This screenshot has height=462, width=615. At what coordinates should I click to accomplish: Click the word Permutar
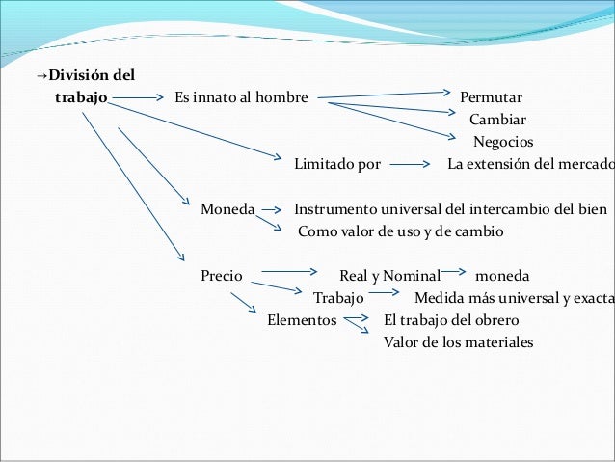491,98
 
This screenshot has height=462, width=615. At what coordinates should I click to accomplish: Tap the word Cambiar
497,121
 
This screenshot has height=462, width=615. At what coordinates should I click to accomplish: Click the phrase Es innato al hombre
241,98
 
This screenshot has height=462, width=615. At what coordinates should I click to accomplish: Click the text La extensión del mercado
530,163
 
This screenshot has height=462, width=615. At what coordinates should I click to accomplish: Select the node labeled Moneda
227,208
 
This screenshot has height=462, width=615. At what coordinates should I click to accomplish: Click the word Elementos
302,319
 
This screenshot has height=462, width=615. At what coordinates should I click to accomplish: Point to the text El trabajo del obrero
451,319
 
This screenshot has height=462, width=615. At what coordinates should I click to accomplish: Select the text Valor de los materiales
458,341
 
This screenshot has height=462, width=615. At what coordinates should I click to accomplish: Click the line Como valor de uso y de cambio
401,231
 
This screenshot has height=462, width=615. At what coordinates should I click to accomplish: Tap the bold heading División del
92,76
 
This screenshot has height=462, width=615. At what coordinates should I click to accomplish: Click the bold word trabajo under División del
81,98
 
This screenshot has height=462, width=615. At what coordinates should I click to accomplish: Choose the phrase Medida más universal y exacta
514,296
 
